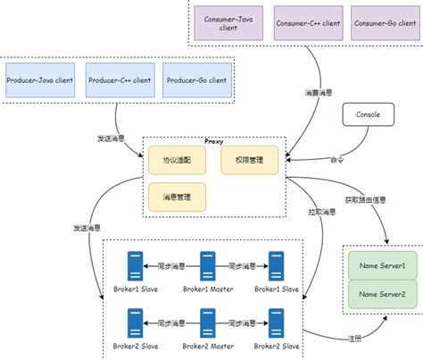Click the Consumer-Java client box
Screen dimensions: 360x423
228,23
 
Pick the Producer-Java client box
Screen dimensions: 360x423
41,80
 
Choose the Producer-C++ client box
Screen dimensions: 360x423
120,80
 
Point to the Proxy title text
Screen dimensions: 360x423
214,141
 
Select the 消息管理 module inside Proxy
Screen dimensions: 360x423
178,196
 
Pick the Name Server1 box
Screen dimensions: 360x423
381,266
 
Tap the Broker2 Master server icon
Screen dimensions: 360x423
207,321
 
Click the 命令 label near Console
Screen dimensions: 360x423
336,161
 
